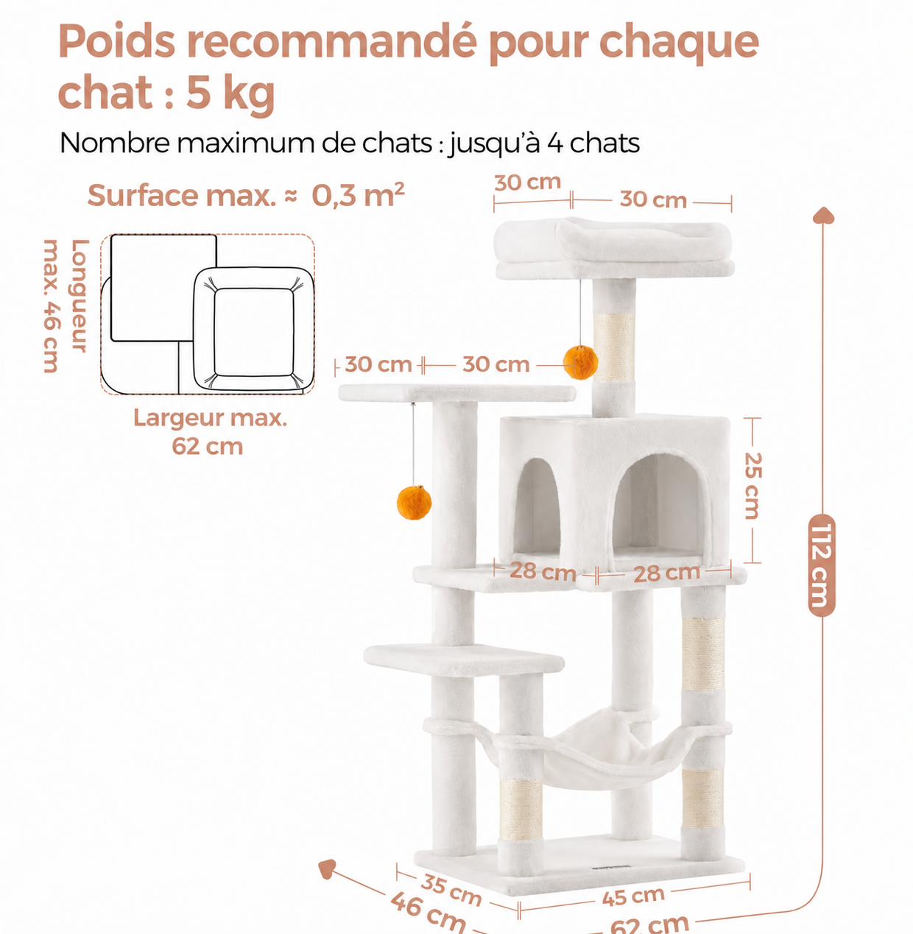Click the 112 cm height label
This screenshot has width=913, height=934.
pos(821,565)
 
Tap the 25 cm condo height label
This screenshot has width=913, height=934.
pos(752,486)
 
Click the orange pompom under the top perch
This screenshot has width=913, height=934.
pos(580,362)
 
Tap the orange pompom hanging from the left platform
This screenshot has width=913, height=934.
pos(414,502)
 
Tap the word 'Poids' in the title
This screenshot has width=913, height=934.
pos(116,40)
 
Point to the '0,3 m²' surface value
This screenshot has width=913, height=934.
pos(358,195)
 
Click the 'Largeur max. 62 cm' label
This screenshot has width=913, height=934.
pos(209,432)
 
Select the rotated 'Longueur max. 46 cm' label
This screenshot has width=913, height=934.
pos(66,305)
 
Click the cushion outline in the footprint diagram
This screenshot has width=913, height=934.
pos(254,329)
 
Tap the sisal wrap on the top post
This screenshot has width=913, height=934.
pos(614,347)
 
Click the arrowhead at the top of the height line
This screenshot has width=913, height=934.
pos(823,215)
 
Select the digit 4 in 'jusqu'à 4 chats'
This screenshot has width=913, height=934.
pos(555,143)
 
